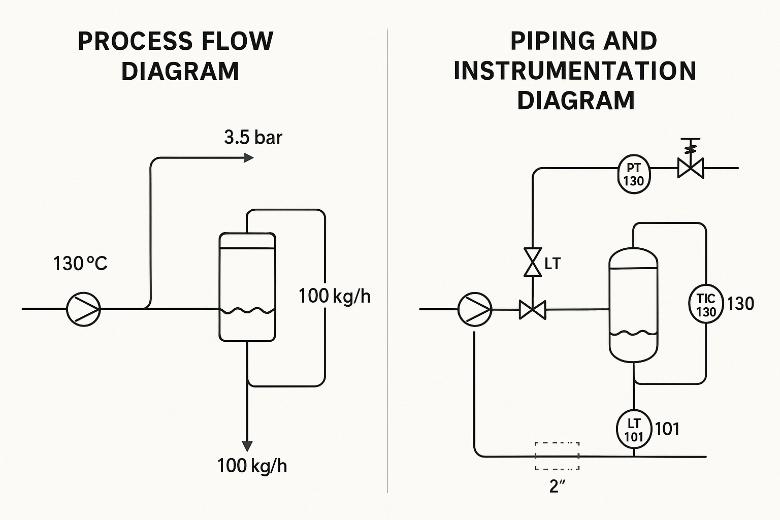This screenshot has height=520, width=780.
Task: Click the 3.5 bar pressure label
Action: click(x=253, y=138)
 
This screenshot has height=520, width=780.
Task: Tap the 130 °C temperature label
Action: click(x=80, y=264)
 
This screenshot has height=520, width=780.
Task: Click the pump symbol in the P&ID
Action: click(x=475, y=309)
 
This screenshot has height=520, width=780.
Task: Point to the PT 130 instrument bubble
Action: click(x=634, y=174)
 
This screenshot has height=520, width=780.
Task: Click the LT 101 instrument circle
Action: click(x=633, y=430)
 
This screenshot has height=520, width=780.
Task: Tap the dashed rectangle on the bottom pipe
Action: click(x=557, y=456)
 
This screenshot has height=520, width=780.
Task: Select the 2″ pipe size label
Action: click(x=557, y=486)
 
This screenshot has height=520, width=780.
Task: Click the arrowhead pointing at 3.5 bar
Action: click(x=248, y=158)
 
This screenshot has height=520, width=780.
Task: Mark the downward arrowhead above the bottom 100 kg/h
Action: click(x=247, y=446)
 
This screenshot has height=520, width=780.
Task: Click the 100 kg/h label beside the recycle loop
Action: click(x=334, y=296)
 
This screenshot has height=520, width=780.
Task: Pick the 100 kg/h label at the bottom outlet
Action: click(x=252, y=466)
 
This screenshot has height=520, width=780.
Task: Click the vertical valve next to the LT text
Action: click(x=533, y=262)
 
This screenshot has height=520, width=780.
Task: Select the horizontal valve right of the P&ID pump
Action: click(x=533, y=309)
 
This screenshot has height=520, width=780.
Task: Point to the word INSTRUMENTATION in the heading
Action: click(x=575, y=71)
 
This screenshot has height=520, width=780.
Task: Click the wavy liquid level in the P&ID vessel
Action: click(x=633, y=334)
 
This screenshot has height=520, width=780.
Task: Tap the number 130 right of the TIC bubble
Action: click(x=740, y=304)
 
